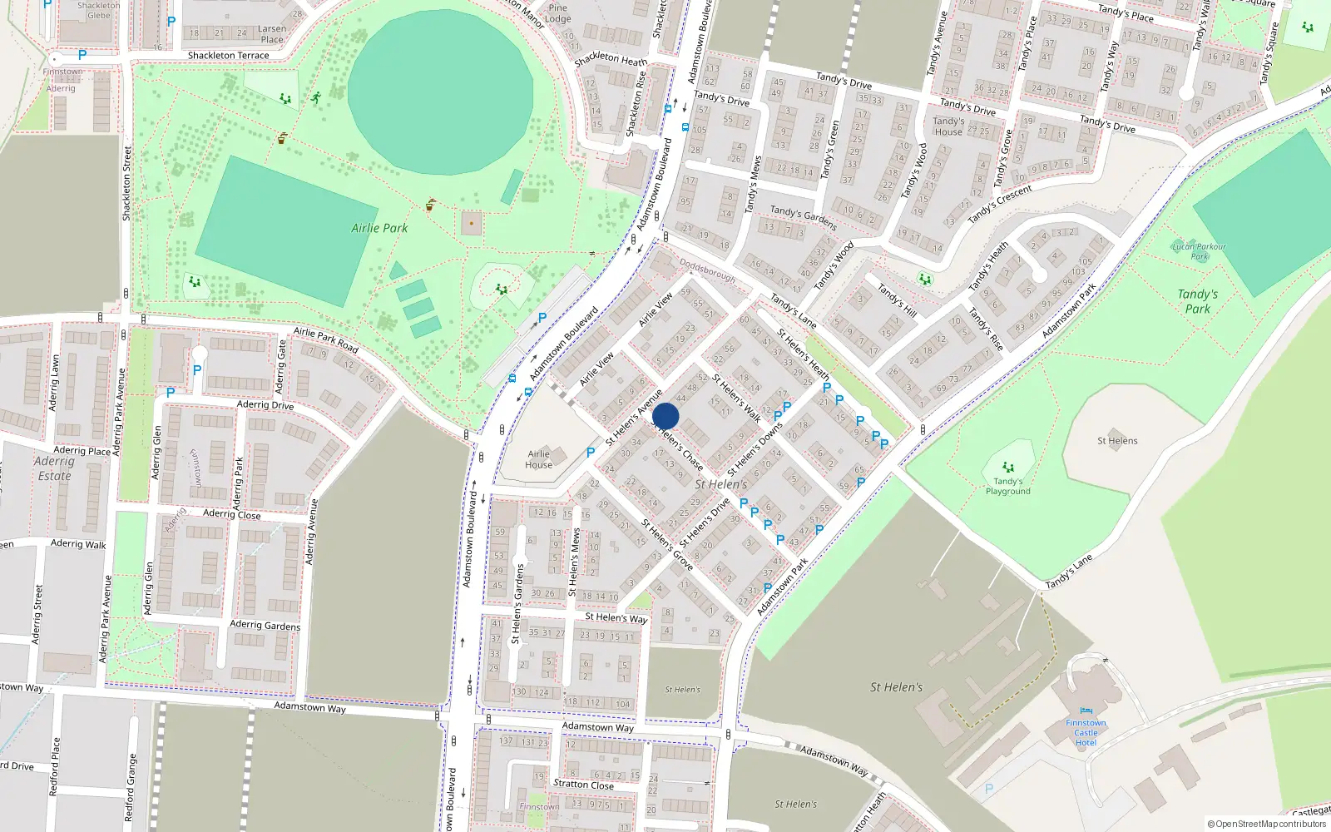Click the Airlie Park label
379,228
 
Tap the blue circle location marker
665,417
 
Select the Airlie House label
538,459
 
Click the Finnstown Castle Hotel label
1086,732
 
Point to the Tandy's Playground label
1007,486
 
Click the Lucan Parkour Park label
1198,250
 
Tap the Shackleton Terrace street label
228,56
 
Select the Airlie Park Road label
325,340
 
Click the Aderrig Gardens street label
265,625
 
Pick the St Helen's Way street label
616,618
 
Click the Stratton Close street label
583,785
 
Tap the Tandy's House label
948,126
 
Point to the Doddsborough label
707,270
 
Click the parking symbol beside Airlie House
591,453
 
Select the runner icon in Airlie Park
315,98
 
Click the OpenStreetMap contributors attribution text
1266,824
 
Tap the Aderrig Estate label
54,468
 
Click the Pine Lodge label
557,13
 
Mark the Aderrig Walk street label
78,544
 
